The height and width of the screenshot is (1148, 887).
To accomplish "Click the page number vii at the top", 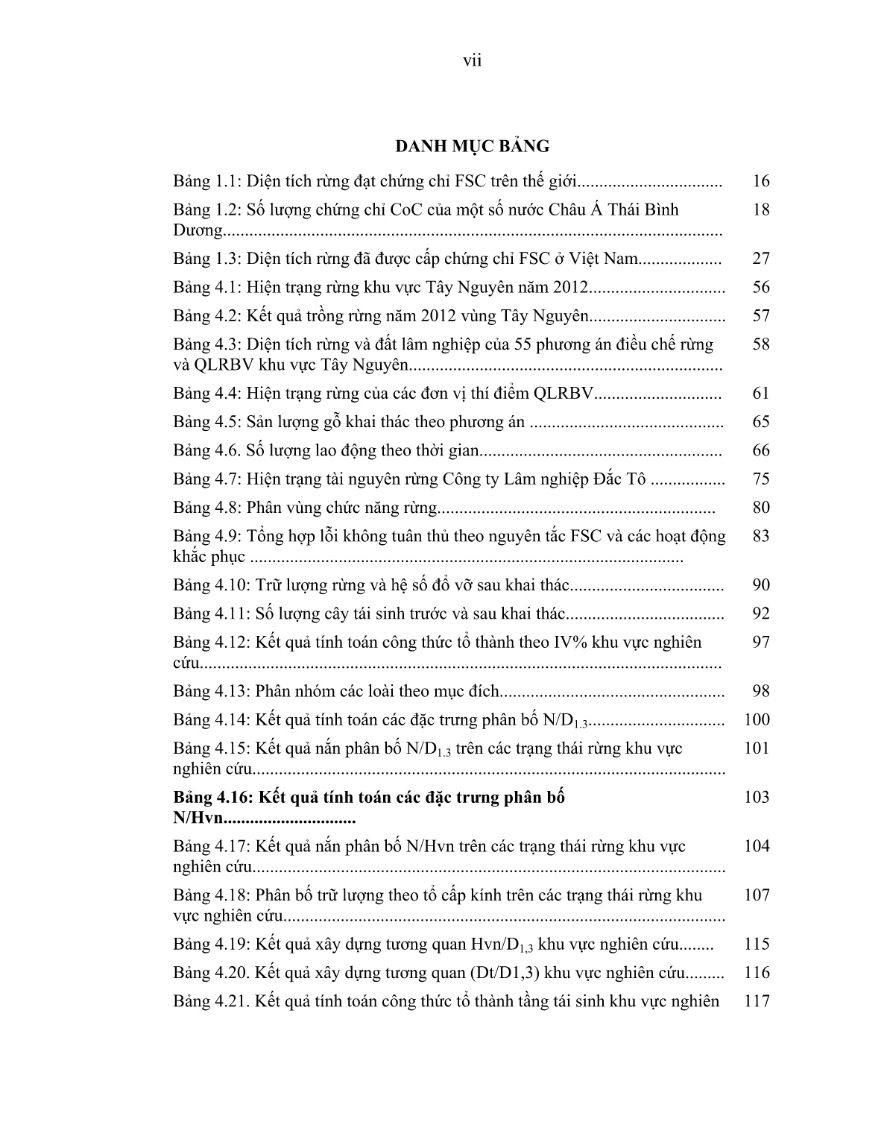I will [472, 61].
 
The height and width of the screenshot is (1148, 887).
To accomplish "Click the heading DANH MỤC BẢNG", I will [472, 146].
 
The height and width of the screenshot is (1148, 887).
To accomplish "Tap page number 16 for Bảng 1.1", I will [760, 181].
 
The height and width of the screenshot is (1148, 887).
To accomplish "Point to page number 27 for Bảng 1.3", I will [760, 259].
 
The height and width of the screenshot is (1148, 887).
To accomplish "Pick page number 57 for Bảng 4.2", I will [760, 315].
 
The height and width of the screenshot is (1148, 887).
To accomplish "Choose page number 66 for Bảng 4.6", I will [760, 450].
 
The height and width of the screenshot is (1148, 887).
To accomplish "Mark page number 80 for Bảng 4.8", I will [760, 508].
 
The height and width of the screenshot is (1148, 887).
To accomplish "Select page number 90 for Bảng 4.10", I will [760, 585].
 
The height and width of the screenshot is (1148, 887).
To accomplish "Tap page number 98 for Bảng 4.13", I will [760, 691].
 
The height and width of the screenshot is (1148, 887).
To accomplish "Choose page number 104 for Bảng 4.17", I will [757, 846].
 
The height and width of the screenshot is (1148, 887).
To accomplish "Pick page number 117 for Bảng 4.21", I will [757, 1001].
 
